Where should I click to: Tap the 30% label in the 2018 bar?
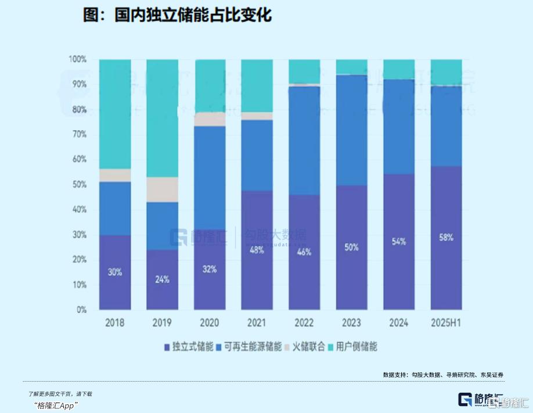[x=115, y=272]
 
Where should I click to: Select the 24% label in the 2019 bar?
[x=162, y=279]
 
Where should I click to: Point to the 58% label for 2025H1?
[x=446, y=237]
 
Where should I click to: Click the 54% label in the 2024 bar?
[x=399, y=242]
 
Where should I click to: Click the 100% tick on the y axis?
[x=77, y=59]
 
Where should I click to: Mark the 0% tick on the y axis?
[x=81, y=310]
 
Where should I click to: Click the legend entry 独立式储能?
[x=189, y=347]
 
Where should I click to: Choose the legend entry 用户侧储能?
[x=356, y=347]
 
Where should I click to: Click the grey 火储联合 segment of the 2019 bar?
[x=162, y=189]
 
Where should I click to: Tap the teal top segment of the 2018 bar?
[x=115, y=114]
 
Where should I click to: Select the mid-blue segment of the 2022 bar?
[x=304, y=140]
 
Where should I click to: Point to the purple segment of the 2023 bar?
[x=351, y=247]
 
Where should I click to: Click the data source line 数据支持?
[x=443, y=375]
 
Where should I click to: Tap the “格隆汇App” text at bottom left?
[x=56, y=405]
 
